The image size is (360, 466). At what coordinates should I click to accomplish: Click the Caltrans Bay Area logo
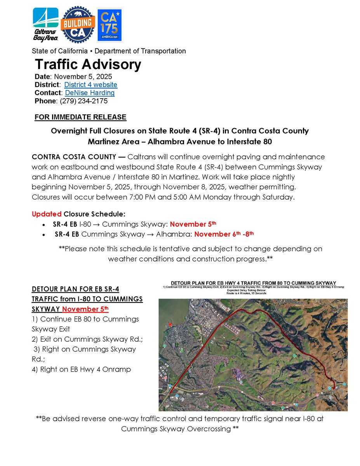46,24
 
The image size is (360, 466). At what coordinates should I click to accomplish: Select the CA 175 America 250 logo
110,25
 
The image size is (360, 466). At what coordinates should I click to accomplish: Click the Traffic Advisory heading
88,64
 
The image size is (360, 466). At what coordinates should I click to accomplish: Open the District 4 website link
90,85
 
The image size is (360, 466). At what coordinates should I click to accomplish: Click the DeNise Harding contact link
90,93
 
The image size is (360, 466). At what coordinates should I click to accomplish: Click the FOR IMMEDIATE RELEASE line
80,117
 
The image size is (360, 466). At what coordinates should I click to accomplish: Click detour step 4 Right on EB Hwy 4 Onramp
82,369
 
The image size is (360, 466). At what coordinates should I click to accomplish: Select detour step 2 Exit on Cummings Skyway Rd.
87,339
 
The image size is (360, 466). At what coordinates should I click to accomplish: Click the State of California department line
109,51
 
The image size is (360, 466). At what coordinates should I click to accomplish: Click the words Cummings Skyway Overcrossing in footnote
176,429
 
